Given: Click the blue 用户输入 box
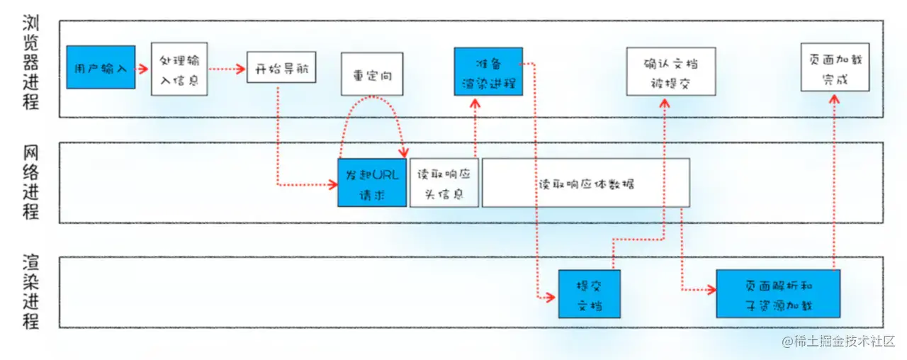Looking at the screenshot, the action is point(101,68).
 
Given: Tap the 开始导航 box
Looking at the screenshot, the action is point(281,69).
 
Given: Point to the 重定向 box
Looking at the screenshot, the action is point(371,74).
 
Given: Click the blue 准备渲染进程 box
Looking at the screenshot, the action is point(488,72).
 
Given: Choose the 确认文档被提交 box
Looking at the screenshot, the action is point(670,72).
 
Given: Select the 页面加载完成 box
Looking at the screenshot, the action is point(834,67).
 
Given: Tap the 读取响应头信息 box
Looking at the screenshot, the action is point(444,183).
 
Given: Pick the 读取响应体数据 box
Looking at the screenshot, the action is point(585,183).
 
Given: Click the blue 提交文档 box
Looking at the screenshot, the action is point(589,293).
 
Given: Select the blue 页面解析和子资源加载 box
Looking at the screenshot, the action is point(778,293).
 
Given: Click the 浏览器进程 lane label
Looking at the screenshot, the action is point(30,62).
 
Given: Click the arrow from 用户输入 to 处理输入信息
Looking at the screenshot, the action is point(142,69).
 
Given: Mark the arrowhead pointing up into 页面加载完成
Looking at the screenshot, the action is point(834,99).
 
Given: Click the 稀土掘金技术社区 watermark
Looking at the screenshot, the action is point(839,342).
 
